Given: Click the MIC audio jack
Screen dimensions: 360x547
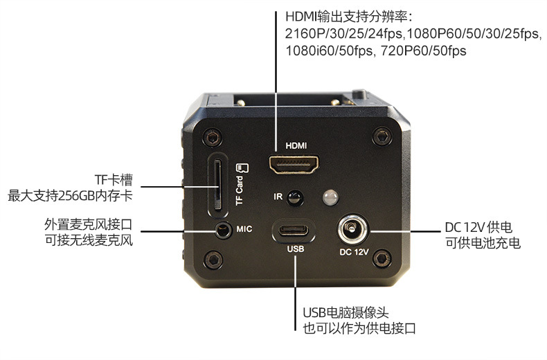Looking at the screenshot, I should (x=222, y=228).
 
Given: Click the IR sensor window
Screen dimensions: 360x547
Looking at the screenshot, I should (x=296, y=198).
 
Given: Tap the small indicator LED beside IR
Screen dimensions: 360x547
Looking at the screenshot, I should (x=330, y=198).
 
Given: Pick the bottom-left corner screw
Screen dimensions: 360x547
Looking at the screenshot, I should (x=214, y=260).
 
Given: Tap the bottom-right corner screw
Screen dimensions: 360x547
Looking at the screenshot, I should (x=379, y=259).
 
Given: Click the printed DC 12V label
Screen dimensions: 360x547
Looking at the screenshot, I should (x=353, y=251).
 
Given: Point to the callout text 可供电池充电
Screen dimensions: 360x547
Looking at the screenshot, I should (x=483, y=243).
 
